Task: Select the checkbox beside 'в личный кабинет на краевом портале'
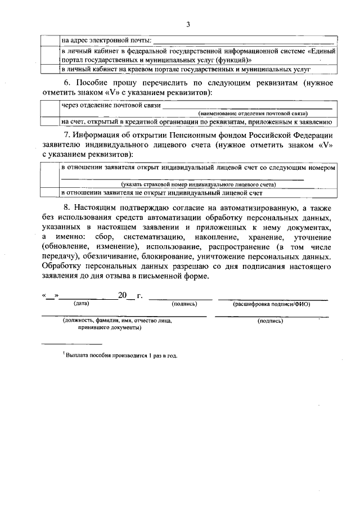[x=51, y=69]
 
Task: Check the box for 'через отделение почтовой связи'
[x=51, y=109]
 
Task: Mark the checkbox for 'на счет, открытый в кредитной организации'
[x=51, y=121]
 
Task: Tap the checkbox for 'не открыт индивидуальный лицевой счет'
[x=51, y=193]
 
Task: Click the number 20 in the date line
[x=123, y=295]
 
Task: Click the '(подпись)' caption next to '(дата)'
[x=184, y=304]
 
